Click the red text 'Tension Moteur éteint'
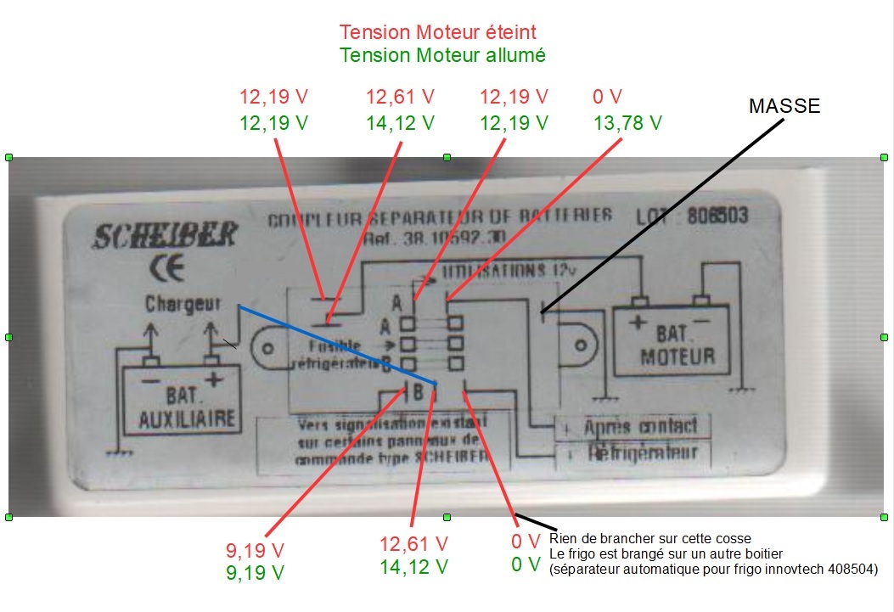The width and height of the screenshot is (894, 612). click(x=438, y=32)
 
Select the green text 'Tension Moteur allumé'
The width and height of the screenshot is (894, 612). click(x=442, y=55)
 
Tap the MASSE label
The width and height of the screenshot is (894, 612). click(x=784, y=106)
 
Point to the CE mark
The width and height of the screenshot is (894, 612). click(x=160, y=269)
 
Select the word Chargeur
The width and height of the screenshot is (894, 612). click(x=183, y=303)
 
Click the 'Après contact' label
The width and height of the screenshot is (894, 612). click(x=641, y=426)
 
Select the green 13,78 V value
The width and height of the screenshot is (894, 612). click(x=627, y=123)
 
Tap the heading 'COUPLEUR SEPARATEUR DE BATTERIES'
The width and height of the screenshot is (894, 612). click(x=440, y=218)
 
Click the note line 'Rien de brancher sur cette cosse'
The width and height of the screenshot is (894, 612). click(x=650, y=539)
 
